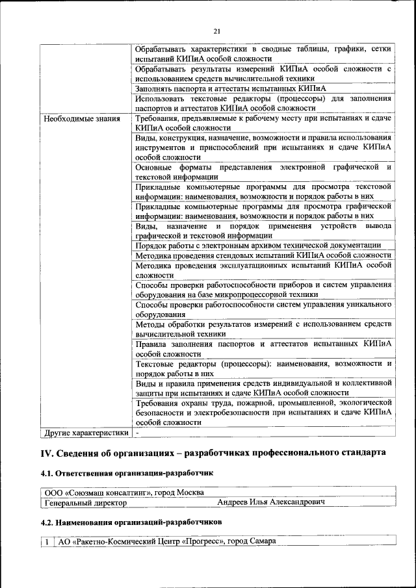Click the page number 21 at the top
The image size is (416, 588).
(216, 30)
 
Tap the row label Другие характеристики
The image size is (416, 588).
(85, 431)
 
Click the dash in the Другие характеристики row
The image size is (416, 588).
(137, 431)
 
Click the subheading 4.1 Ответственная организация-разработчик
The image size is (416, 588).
(126, 474)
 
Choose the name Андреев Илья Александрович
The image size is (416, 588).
(270, 502)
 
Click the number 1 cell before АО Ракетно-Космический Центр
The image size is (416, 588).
(47, 541)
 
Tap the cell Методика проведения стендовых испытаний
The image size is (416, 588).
(263, 255)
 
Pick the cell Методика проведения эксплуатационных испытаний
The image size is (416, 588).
(263, 270)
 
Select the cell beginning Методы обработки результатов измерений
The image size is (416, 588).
(263, 329)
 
